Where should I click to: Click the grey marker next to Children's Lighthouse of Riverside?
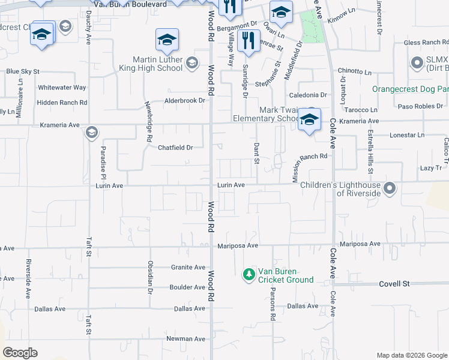tap(390, 189)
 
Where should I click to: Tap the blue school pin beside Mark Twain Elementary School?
tap(309, 119)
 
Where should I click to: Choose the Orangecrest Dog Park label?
tap(410, 89)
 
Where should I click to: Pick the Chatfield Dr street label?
tap(175, 148)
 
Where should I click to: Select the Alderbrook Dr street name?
tap(184, 101)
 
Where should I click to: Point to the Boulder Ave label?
tap(188, 287)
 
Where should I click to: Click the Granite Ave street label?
tap(188, 268)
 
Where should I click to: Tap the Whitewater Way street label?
tap(62, 88)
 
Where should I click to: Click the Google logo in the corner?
tap(20, 353)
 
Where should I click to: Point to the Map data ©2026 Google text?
tap(411, 355)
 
